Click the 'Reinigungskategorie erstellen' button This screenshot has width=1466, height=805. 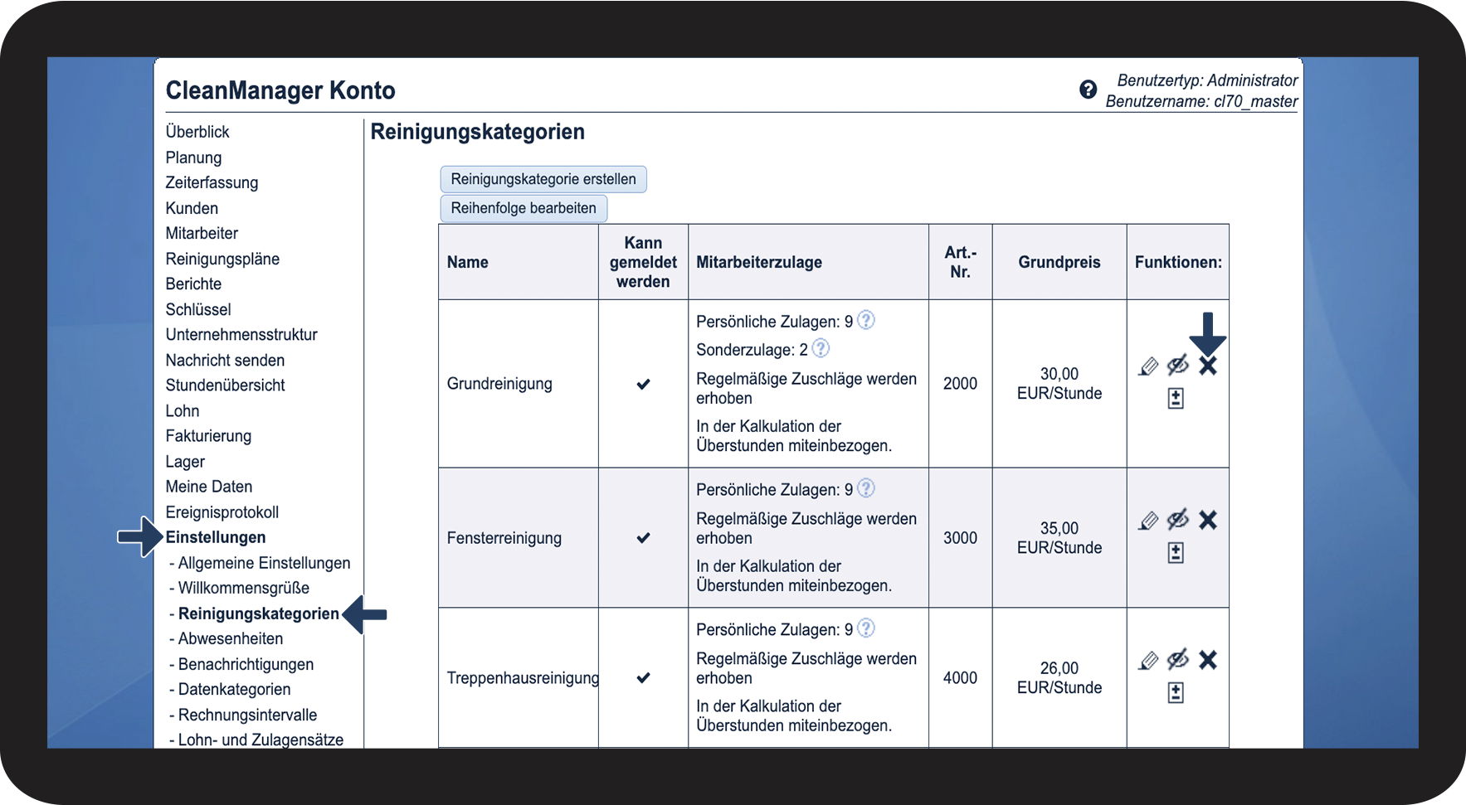[543, 179]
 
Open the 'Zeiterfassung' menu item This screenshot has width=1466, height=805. [212, 182]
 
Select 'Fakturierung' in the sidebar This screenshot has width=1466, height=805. [208, 436]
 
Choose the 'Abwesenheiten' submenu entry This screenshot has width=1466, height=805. [230, 638]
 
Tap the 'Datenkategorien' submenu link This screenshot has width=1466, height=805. [234, 689]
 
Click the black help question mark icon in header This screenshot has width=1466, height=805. [1088, 90]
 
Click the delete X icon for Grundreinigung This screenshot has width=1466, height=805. [1208, 366]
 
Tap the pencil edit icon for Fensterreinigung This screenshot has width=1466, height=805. [1148, 521]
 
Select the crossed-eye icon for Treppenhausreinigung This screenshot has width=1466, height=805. [1178, 660]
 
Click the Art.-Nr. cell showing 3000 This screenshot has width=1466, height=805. [960, 538]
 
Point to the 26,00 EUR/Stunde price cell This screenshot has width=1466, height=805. [1059, 678]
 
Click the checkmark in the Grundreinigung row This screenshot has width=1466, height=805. [643, 384]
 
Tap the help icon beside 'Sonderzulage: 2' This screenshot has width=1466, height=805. [821, 349]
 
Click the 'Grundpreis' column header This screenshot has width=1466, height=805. [1059, 262]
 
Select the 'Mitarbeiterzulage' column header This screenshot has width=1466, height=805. [759, 262]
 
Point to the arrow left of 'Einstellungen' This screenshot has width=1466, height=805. [139, 537]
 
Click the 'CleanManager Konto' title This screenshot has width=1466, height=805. [280, 90]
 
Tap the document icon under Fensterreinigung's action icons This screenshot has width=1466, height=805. [1176, 553]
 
